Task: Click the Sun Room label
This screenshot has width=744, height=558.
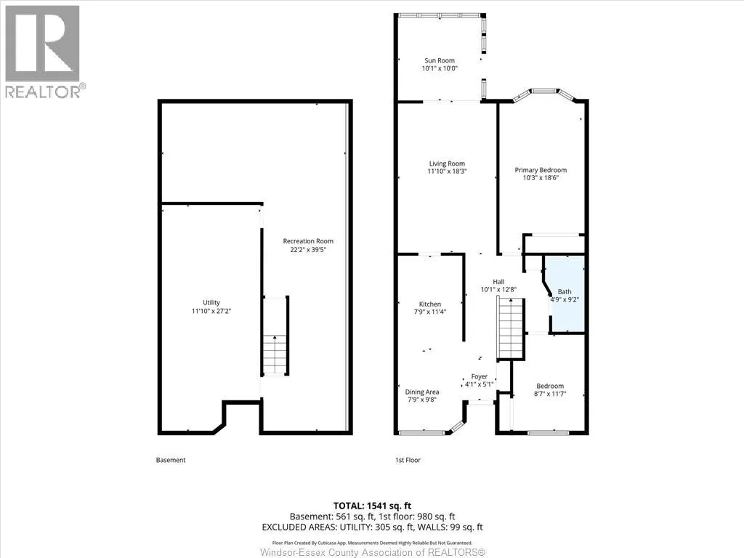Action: (440, 60)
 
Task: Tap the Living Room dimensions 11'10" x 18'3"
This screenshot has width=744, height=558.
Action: (447, 171)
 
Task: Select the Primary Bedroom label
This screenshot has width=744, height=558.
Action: (541, 170)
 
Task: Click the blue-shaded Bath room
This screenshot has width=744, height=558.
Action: (565, 294)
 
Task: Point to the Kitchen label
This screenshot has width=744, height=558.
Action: (430, 304)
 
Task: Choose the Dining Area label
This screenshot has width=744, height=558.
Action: (422, 392)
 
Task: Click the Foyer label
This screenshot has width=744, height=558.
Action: (480, 377)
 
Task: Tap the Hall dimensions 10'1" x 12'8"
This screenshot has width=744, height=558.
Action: (498, 289)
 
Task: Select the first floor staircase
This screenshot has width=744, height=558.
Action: (511, 328)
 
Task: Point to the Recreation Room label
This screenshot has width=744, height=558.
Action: (308, 241)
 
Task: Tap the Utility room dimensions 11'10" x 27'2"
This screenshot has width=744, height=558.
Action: (211, 311)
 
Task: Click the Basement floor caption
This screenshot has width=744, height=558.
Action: (171, 460)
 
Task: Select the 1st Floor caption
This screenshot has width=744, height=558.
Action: (408, 460)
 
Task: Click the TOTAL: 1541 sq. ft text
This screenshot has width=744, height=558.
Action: (372, 506)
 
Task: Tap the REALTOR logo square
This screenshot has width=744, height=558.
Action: (42, 44)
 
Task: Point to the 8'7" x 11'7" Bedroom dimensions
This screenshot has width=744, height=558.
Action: (550, 394)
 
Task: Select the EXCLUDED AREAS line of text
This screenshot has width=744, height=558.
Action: (372, 527)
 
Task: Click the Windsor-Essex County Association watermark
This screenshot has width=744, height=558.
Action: (373, 552)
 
